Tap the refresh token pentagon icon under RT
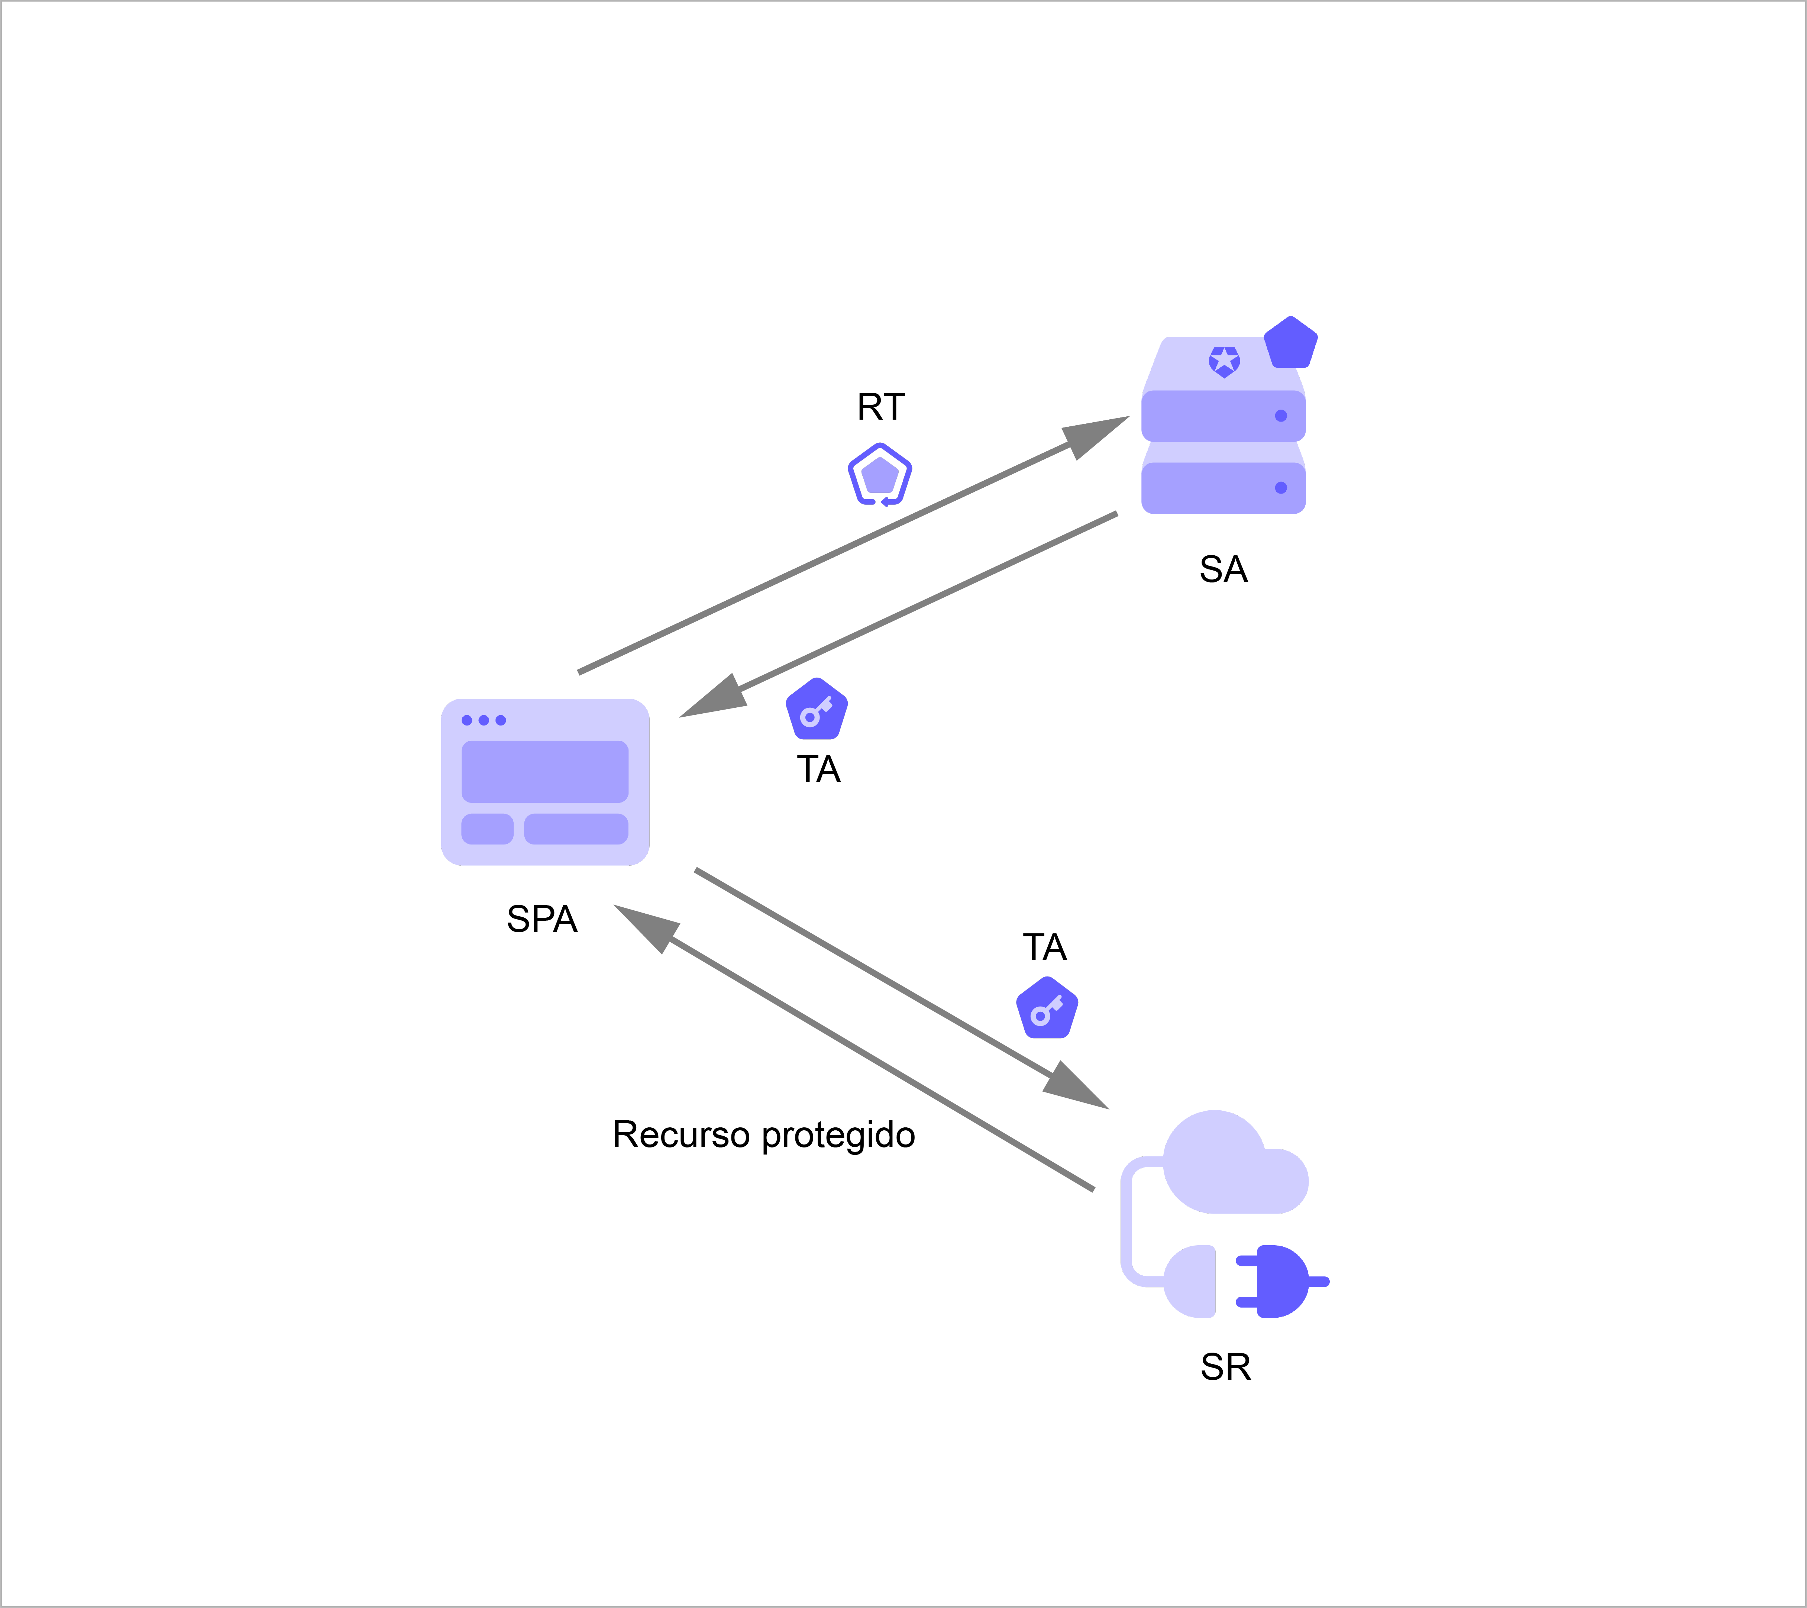point(880,475)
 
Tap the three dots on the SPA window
point(484,720)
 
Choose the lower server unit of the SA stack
point(1223,488)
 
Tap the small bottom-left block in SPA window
point(487,829)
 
